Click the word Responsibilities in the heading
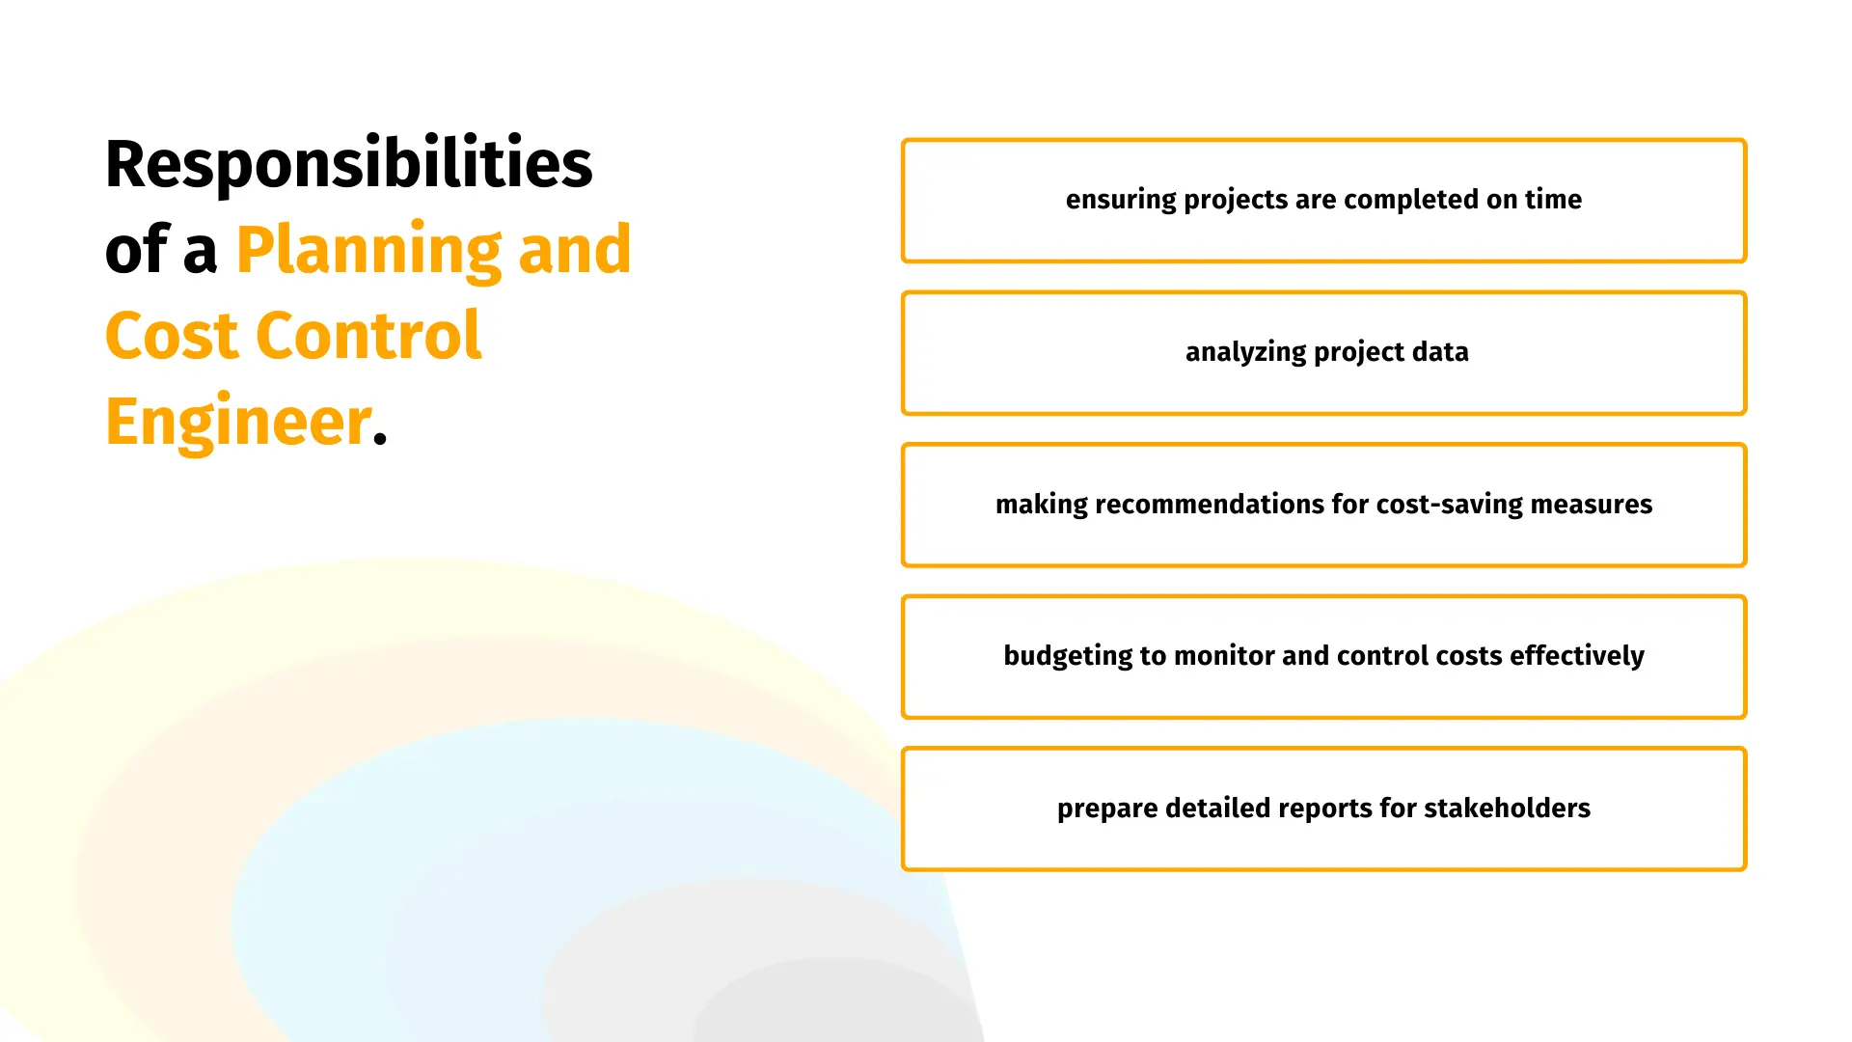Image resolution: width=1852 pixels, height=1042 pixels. pos(349,163)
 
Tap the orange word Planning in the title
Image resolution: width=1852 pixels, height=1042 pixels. pos(368,251)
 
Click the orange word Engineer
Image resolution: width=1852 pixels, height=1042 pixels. pos(238,423)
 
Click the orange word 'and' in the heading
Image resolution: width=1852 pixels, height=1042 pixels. pos(575,249)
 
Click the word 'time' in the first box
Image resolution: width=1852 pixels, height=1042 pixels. pos(1553,199)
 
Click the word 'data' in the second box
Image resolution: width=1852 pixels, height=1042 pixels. pos(1440,351)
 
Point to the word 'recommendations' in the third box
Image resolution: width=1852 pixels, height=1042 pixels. pos(1210,504)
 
